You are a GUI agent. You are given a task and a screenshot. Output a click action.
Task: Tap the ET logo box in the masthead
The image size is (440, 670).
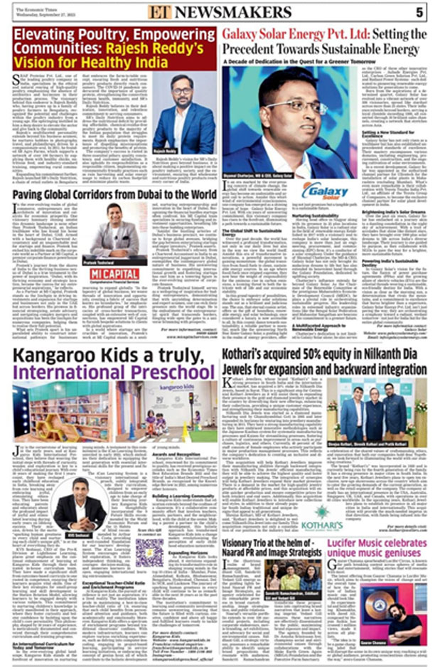158,12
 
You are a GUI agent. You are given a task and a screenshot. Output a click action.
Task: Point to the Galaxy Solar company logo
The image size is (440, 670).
324,191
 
